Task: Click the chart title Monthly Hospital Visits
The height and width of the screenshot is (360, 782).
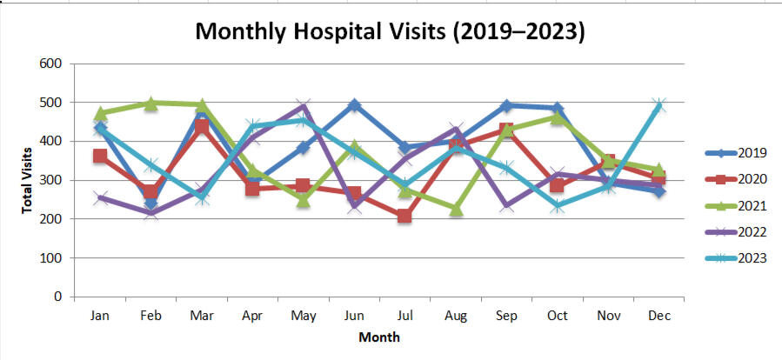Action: [x=390, y=31]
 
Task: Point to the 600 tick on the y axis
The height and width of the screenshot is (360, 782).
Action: [x=50, y=64]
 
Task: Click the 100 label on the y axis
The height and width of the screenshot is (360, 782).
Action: [x=50, y=258]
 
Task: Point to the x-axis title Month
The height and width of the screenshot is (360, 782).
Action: [x=379, y=336]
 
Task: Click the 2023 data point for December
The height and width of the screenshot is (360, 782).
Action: [x=658, y=105]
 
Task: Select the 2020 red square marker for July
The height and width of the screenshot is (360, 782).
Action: [x=404, y=216]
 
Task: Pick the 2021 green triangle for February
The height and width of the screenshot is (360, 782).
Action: [x=150, y=103]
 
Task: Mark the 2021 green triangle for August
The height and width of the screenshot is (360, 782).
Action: [x=456, y=209]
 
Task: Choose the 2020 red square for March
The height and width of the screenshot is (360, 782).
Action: [x=201, y=127]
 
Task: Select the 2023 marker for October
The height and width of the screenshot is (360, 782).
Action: [x=557, y=206]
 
